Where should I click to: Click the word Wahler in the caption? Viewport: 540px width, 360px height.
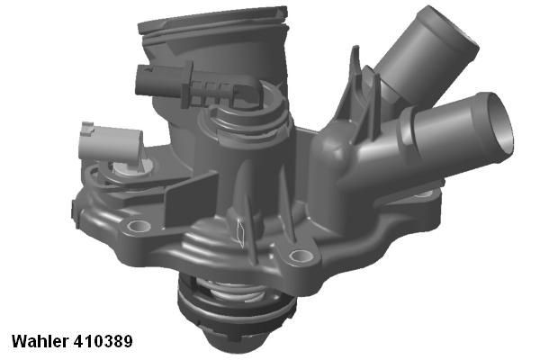pyautogui.click(x=40, y=342)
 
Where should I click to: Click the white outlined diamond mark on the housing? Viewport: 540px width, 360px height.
pyautogui.click(x=238, y=233)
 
